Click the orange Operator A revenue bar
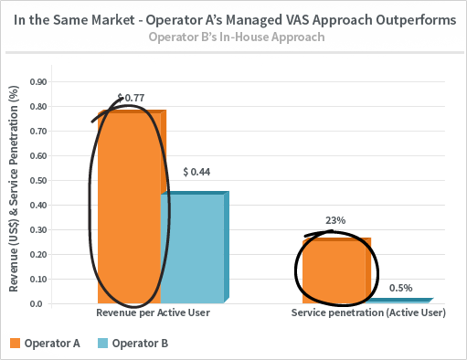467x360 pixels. pyautogui.click(x=132, y=206)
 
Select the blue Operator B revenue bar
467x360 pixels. pyautogui.click(x=195, y=247)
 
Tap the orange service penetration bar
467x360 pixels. pyautogui.click(x=336, y=270)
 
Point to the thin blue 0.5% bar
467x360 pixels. pyautogui.click(x=399, y=301)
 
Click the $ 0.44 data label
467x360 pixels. pyautogui.click(x=196, y=172)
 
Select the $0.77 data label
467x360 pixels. pyautogui.click(x=131, y=98)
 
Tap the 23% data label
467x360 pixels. pyautogui.click(x=335, y=220)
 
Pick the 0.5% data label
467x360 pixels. pyautogui.click(x=400, y=288)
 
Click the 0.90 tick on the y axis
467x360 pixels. pyautogui.click(x=38, y=82)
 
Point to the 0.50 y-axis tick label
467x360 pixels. pyautogui.click(x=38, y=180)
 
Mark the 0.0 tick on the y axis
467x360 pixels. pyautogui.click(x=37, y=304)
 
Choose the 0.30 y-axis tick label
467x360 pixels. pyautogui.click(x=38, y=229)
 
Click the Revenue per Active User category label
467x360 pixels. pyautogui.click(x=153, y=312)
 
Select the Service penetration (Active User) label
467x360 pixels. pyautogui.click(x=368, y=312)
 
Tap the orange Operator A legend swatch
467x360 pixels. pyautogui.click(x=15, y=344)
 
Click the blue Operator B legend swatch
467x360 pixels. pyautogui.click(x=102, y=344)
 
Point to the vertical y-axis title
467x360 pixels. pyautogui.click(x=14, y=189)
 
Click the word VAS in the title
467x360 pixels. pyautogui.click(x=297, y=20)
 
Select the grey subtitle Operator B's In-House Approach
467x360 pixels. pyautogui.click(x=237, y=37)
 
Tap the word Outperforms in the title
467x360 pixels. pyautogui.click(x=416, y=20)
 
